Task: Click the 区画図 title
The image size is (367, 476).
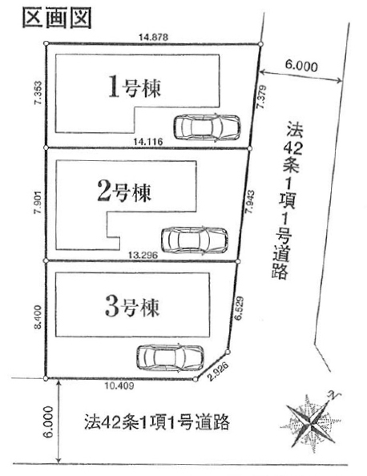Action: click(57, 18)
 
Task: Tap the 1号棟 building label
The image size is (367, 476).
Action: click(135, 88)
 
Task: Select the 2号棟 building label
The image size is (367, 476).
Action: click(124, 192)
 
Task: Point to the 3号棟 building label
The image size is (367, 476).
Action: click(132, 307)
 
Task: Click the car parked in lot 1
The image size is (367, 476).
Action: click(208, 127)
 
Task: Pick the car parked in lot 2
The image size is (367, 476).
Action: click(195, 240)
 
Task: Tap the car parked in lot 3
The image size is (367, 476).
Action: click(171, 357)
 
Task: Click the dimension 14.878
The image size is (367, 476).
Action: click(153, 38)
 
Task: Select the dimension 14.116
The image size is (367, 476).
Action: click(148, 141)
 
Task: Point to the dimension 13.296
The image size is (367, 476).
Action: click(143, 256)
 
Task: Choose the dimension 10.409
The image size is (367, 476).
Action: click(119, 385)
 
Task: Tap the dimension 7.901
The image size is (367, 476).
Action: click(38, 202)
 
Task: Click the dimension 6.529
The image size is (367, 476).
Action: click(240, 308)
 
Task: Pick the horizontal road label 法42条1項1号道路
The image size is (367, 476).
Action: click(157, 422)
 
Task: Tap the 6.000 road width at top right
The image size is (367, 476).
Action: click(301, 66)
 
